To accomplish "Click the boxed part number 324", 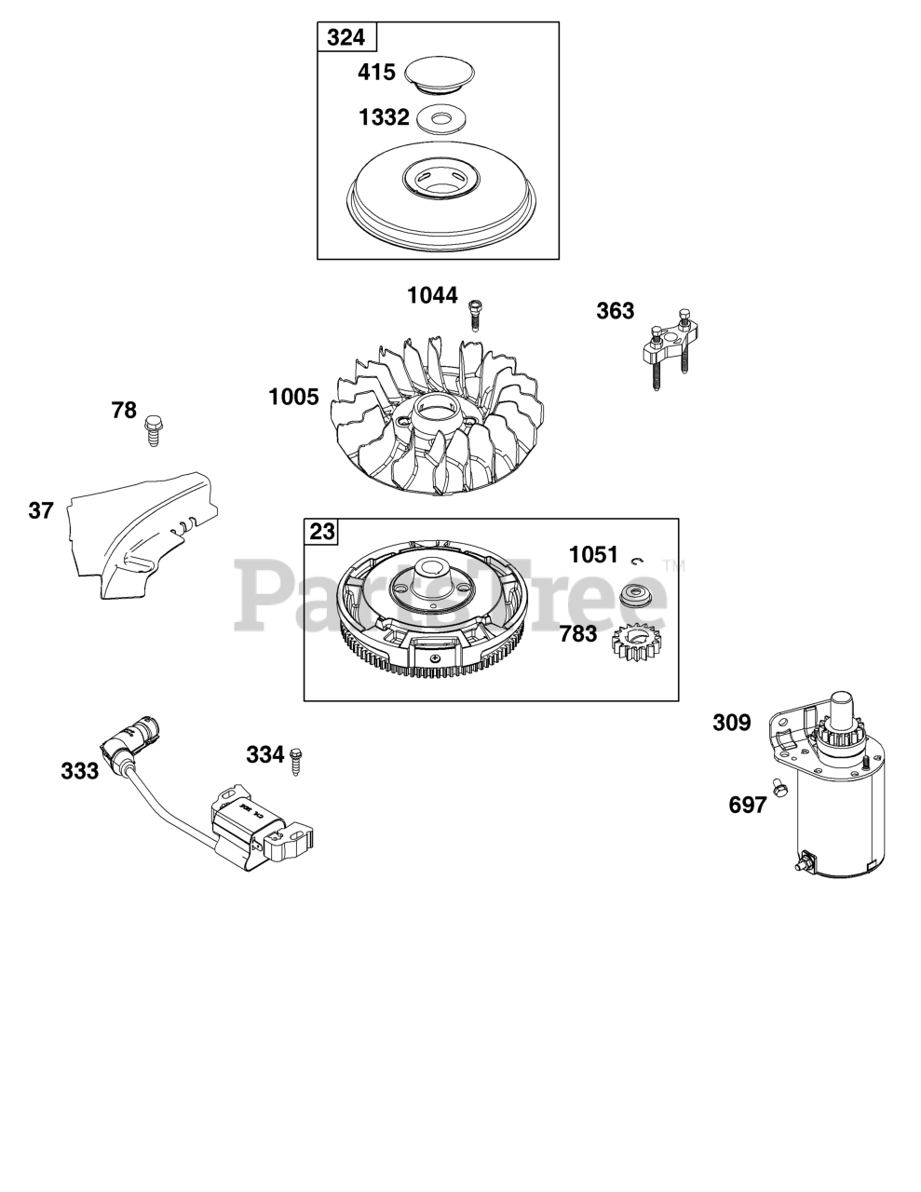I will tap(346, 38).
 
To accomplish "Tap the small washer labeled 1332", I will tap(440, 119).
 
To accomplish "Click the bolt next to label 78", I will tap(153, 432).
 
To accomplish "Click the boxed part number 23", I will tap(322, 532).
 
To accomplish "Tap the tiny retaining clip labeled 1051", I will tap(637, 561).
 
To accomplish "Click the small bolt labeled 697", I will tap(777, 788).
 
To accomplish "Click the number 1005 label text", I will tap(293, 398).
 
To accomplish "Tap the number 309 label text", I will tap(731, 723).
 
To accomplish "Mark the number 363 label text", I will tap(616, 311).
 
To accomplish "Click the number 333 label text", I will tap(80, 771).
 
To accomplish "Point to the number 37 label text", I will tap(41, 510).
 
